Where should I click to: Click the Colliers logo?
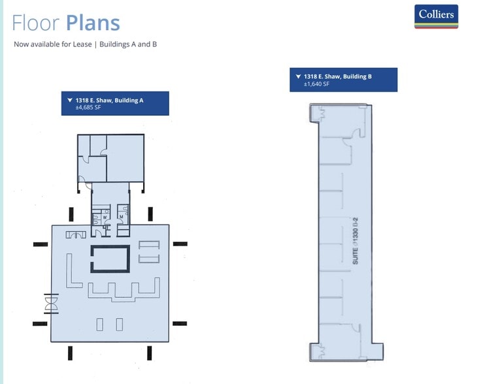(x=436, y=16)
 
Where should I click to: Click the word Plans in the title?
(x=92, y=23)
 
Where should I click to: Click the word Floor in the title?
(x=36, y=23)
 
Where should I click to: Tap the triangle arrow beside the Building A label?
(x=69, y=100)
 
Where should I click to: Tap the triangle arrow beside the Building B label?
(x=298, y=76)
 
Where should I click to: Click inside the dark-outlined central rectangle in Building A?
(x=109, y=259)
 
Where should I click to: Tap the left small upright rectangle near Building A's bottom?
(x=100, y=324)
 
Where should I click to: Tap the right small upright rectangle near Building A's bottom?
(x=119, y=324)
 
